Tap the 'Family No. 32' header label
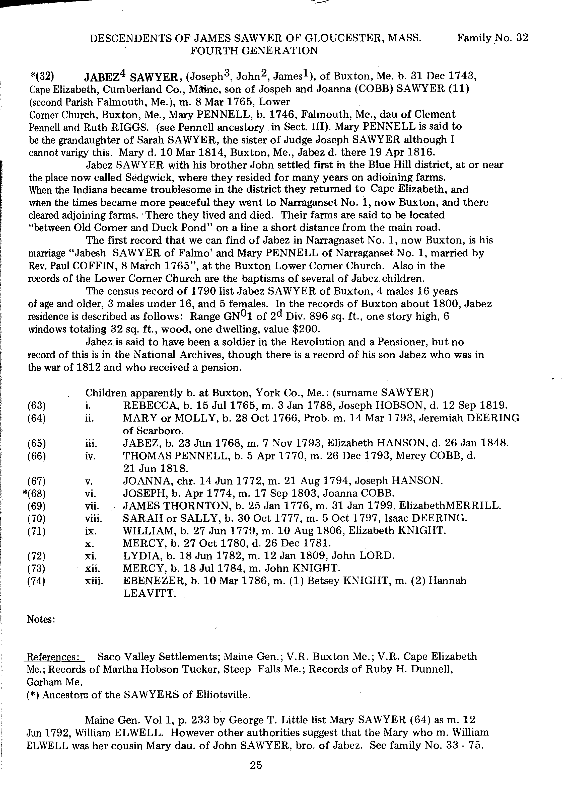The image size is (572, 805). coord(492,38)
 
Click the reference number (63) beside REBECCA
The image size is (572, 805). coord(36,406)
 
